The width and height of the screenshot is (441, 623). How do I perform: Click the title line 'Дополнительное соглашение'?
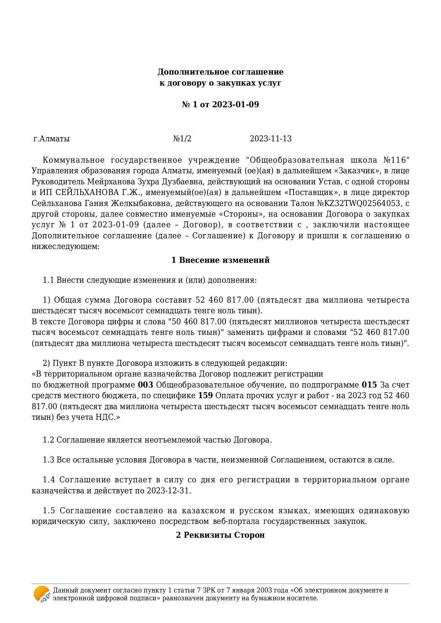point(220,72)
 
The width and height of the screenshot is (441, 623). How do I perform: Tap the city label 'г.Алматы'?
point(52,139)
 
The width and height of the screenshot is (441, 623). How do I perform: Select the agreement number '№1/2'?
point(182,139)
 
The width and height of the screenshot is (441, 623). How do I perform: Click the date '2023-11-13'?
point(270,139)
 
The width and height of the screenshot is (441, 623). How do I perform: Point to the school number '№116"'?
point(397,160)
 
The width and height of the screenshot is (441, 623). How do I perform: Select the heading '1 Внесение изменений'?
point(220,260)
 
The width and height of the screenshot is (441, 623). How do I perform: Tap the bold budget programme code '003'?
point(145,385)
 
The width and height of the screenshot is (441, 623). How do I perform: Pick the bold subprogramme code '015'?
point(369,385)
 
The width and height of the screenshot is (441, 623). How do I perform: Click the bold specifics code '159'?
point(205,396)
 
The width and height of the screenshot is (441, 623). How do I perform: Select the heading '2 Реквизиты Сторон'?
point(220,535)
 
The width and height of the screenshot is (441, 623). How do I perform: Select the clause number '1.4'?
point(49,480)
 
